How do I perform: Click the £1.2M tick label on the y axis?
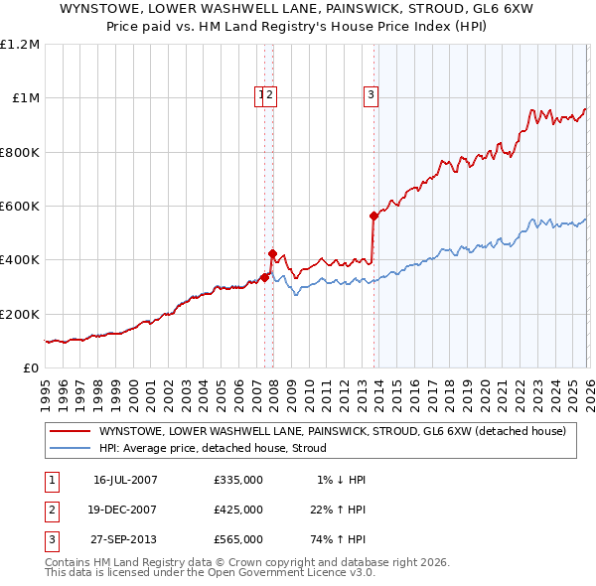[x=20, y=45]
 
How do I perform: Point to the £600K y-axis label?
[x=20, y=206]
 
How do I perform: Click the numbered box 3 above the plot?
[x=371, y=95]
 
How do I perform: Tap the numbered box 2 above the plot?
[x=270, y=95]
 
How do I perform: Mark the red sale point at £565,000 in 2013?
[x=373, y=216]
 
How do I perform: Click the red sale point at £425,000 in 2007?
[x=272, y=253]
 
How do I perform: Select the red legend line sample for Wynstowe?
[x=70, y=431]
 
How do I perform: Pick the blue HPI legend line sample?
[x=70, y=448]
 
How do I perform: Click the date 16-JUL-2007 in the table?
[x=125, y=480]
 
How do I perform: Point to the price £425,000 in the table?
[x=238, y=510]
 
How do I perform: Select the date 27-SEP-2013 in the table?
[x=125, y=539]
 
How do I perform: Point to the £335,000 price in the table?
[x=238, y=480]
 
